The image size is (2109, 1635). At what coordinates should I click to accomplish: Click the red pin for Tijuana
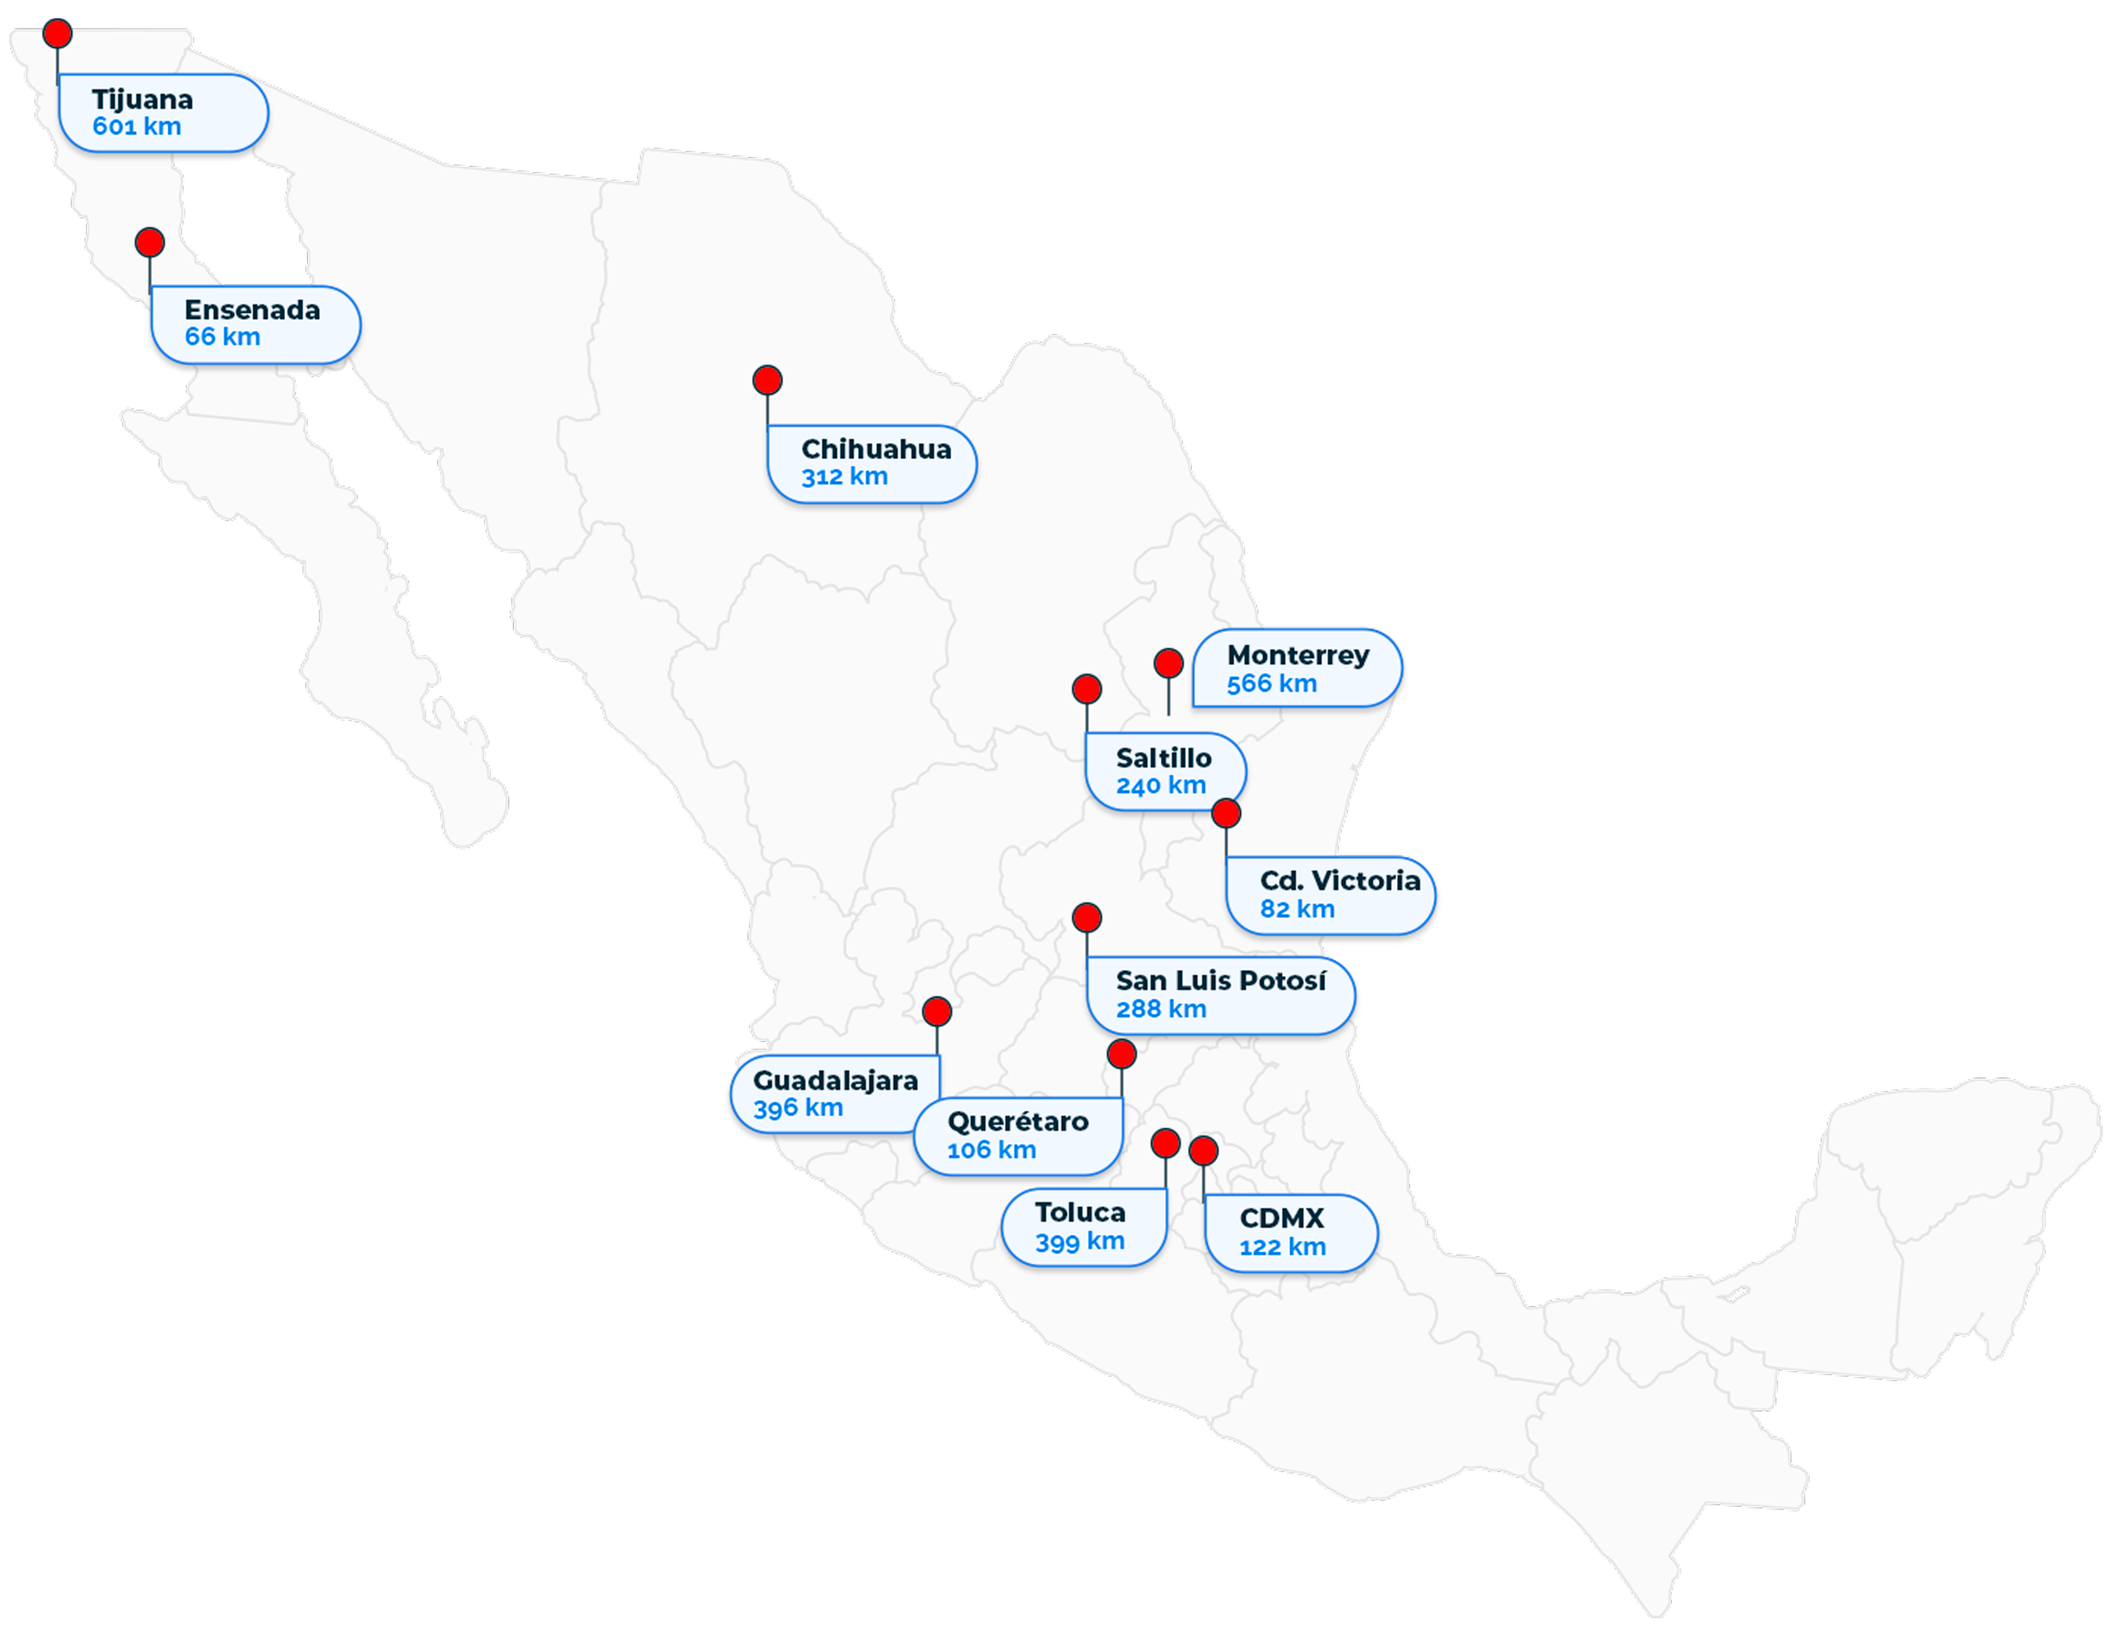(58, 34)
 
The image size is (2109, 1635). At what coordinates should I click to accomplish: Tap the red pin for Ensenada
(149, 242)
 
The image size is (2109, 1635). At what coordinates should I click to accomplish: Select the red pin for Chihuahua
(767, 380)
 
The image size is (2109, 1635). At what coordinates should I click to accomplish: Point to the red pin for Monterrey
(1168, 663)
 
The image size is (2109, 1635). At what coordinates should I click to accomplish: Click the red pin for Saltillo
(1087, 688)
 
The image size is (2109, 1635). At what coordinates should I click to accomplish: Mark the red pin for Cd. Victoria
(1226, 813)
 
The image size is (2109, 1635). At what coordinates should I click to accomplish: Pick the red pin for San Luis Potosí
(1087, 917)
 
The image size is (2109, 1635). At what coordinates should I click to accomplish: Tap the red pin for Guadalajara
(936, 1012)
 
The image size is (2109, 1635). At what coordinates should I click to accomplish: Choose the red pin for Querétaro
(1121, 1054)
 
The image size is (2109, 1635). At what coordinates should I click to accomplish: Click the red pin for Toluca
(1166, 1143)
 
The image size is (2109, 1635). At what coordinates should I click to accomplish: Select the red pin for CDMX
(1203, 1150)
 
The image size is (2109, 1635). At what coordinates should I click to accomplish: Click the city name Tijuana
(143, 100)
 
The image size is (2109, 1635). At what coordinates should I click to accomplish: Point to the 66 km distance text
(222, 337)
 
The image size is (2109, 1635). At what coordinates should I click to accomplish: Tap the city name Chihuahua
(876, 449)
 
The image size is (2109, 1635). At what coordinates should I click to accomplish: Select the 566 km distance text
(1272, 683)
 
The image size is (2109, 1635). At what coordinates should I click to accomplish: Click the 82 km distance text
(1297, 909)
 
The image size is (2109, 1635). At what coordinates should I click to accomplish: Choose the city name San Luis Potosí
(1221, 981)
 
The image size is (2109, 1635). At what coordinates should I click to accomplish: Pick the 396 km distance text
(798, 1108)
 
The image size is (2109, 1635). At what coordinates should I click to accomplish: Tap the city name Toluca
(1080, 1212)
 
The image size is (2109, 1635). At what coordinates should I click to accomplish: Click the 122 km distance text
(1282, 1247)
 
